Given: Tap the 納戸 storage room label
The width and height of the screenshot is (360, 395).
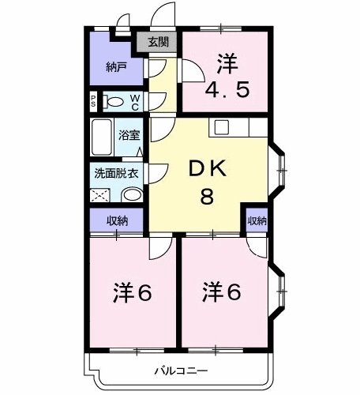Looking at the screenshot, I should (117, 68).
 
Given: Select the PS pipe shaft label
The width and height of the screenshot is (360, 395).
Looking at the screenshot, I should (93, 100).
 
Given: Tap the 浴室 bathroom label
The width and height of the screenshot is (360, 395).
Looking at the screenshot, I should (129, 136).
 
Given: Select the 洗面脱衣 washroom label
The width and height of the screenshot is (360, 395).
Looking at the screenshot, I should (116, 172).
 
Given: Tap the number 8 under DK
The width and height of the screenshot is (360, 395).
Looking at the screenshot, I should (206, 197).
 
